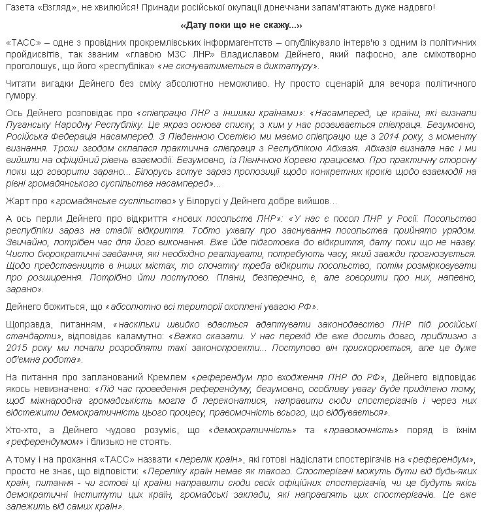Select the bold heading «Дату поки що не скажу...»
click(240, 26)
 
